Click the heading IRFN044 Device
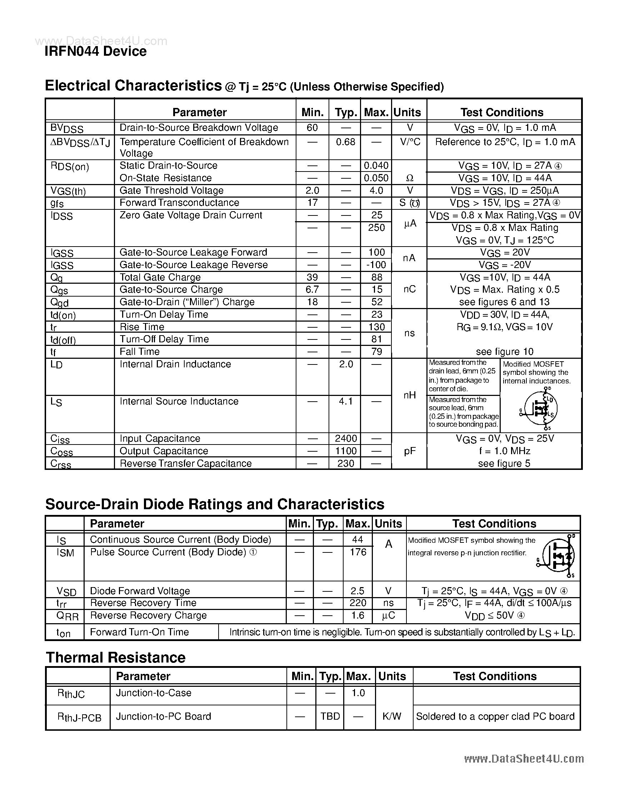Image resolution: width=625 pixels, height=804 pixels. click(95, 51)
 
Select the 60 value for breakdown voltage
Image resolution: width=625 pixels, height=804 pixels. click(312, 128)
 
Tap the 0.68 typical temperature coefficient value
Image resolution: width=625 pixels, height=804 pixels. click(345, 142)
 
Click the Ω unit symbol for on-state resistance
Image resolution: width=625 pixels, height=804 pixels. click(409, 178)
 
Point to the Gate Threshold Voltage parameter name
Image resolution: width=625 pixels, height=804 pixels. click(171, 190)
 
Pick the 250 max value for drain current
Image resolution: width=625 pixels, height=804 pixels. click(376, 228)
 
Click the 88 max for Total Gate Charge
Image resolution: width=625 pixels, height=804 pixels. click(377, 277)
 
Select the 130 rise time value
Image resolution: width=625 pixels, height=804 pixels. click(376, 327)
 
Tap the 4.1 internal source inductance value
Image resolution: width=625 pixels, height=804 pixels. click(346, 401)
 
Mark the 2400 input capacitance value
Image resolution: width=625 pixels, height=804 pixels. click(346, 438)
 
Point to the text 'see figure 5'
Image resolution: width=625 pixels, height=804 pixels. click(504, 463)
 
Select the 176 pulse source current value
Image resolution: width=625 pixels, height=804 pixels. click(358, 552)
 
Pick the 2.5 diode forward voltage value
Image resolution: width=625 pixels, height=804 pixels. click(357, 591)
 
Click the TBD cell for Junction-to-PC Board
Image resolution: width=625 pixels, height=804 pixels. click(330, 716)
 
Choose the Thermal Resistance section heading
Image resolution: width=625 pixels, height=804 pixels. click(115, 657)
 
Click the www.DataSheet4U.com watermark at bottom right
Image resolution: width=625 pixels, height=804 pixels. click(524, 759)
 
